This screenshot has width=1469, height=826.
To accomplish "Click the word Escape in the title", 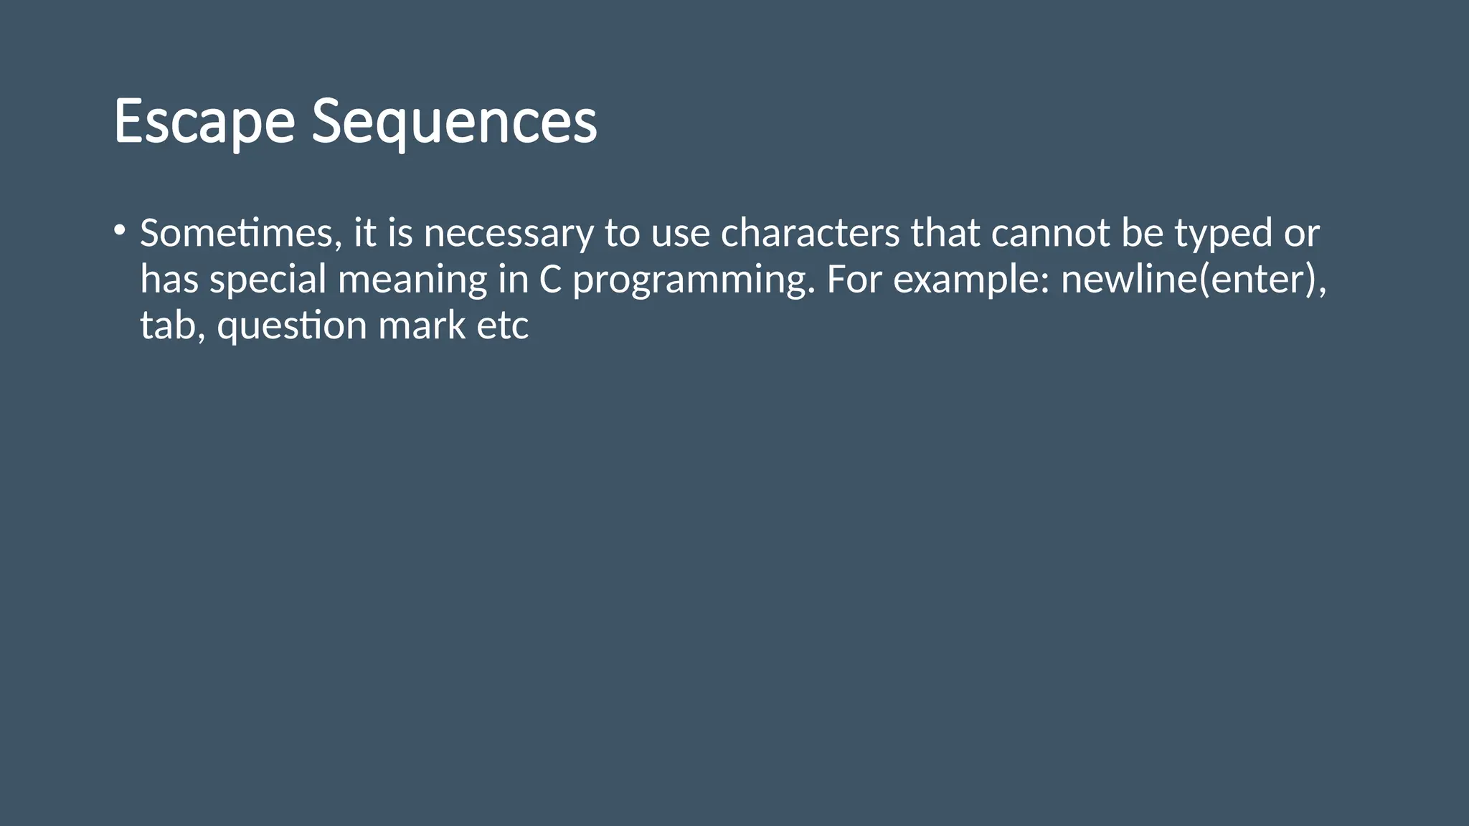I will [204, 122].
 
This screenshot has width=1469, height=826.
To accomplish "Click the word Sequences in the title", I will [454, 122].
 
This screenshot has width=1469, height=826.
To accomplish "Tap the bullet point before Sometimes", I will [119, 231].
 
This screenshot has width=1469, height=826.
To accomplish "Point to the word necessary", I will [509, 234].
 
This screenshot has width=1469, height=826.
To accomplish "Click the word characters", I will [810, 234].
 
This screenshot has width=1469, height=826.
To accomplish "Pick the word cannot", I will [1051, 234].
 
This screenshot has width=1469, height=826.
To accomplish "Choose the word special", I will [268, 280].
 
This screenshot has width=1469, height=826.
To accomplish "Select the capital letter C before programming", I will [550, 280].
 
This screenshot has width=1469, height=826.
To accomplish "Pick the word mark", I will [422, 326].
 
